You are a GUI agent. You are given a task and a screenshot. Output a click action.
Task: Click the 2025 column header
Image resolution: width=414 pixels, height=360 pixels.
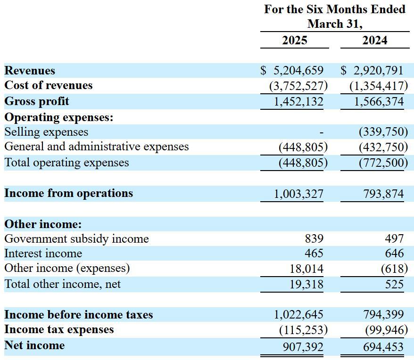click(x=294, y=40)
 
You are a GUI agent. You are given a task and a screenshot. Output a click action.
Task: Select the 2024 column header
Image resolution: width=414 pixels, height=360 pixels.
click(x=375, y=40)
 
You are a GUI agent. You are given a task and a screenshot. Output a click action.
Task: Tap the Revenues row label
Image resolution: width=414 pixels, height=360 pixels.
click(x=30, y=71)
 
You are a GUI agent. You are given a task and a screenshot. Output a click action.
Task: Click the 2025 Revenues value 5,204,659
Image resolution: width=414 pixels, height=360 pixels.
click(x=298, y=71)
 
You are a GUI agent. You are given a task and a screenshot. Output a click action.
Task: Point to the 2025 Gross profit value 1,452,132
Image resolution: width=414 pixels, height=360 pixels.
click(x=298, y=101)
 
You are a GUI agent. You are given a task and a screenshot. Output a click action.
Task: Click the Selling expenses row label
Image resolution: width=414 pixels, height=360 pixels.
click(x=46, y=132)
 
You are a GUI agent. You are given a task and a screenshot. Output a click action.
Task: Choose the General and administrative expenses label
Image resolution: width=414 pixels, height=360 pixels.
click(x=96, y=147)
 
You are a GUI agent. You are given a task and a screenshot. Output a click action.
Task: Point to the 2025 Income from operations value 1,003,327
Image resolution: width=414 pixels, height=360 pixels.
click(x=298, y=193)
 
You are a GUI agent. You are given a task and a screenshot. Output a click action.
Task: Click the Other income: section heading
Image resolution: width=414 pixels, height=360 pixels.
click(x=43, y=224)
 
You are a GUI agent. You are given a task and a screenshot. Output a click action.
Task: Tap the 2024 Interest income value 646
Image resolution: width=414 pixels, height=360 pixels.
click(x=394, y=254)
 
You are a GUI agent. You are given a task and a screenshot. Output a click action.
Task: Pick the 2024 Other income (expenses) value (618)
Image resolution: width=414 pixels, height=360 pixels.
click(x=394, y=269)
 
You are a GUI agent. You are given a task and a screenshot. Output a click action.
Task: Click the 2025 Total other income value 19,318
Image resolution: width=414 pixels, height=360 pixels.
click(x=306, y=284)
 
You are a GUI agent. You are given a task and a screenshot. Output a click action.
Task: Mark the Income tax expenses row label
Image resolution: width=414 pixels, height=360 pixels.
click(x=59, y=329)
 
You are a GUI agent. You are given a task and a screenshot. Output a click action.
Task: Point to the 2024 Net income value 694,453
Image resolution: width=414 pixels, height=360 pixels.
click(x=383, y=347)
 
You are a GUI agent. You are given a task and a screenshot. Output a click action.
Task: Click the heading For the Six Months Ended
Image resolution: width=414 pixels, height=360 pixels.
click(x=334, y=9)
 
